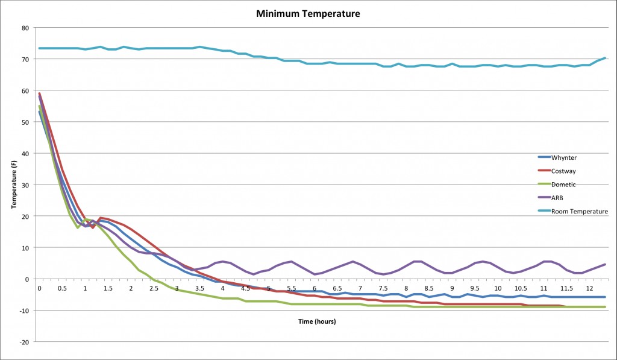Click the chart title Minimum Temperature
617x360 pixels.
point(308,13)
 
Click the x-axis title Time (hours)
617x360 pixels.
point(317,321)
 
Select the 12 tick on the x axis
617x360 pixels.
point(589,289)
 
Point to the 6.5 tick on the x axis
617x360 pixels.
point(337,289)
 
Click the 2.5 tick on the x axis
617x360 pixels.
point(154,289)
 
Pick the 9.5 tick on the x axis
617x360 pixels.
point(475,289)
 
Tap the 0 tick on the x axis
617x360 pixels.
point(39,289)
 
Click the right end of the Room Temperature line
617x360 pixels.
point(605,58)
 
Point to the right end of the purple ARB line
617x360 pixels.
point(605,264)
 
